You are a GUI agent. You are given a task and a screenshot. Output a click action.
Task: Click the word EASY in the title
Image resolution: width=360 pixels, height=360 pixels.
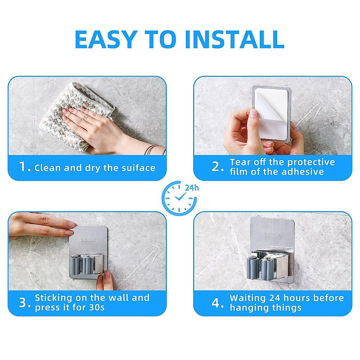point(106,40)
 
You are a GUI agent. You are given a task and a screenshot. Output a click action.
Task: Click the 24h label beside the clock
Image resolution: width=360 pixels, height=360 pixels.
point(192,188)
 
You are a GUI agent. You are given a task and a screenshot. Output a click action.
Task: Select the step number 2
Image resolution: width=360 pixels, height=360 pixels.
point(216,167)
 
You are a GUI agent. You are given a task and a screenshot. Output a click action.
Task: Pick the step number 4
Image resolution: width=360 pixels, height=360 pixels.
point(216,303)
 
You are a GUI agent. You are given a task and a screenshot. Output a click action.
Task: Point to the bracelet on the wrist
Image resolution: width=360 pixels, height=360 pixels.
point(154,149)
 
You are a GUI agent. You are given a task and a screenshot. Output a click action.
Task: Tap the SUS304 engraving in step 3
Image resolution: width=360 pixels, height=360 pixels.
point(88,240)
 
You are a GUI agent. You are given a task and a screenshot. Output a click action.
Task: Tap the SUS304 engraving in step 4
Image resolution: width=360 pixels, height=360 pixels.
point(272,235)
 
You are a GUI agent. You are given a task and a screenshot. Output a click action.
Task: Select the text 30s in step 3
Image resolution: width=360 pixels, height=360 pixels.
point(97,307)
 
